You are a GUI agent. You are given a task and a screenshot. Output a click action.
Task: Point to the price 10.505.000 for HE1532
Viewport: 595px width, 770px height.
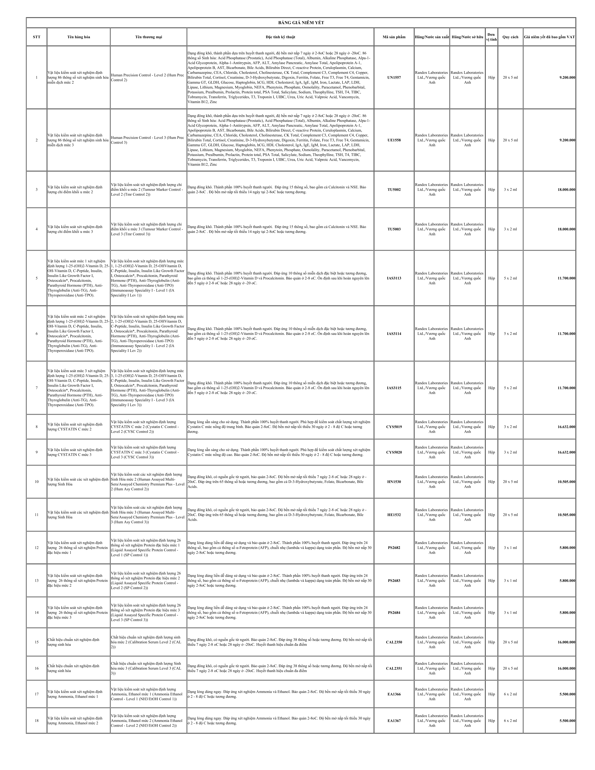(x=566, y=515)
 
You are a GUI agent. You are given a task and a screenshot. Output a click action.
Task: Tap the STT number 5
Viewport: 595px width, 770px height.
(x=37, y=278)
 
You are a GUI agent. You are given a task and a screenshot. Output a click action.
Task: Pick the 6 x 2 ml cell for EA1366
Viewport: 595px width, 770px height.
(x=510, y=694)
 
